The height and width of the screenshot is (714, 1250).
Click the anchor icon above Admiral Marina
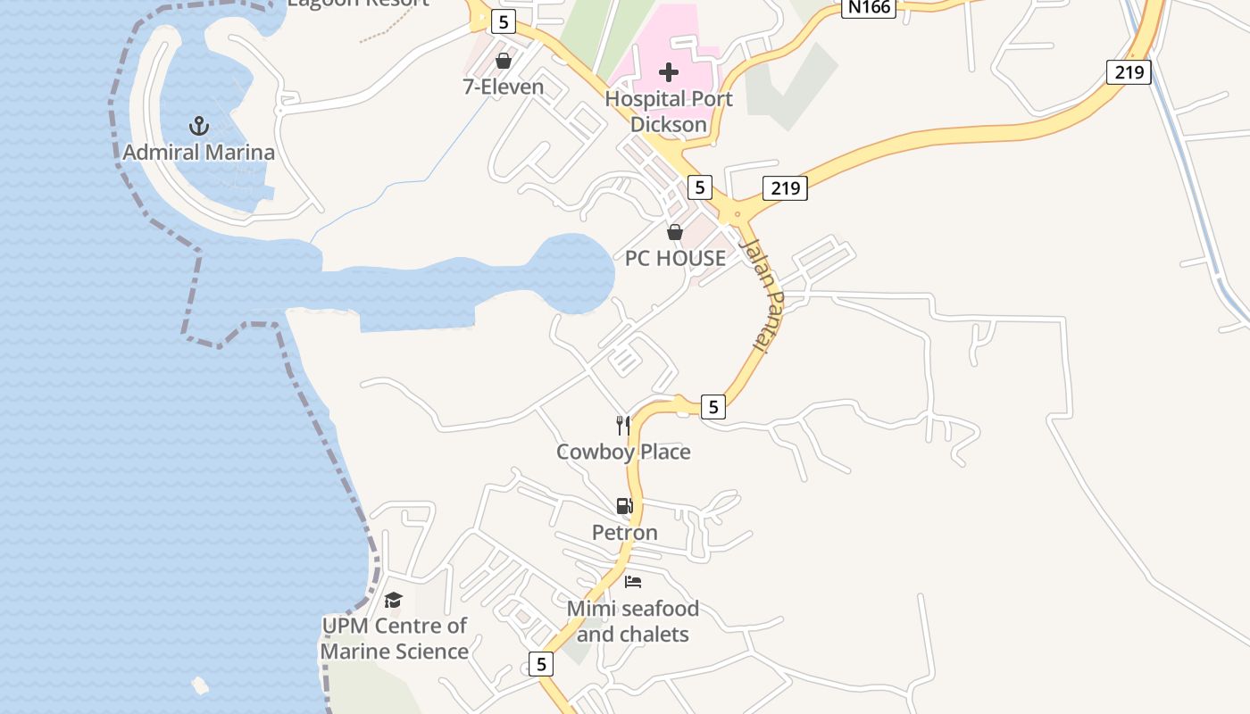click(x=198, y=125)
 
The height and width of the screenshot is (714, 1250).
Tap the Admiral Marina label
click(x=198, y=153)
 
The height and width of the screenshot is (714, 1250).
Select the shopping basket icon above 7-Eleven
click(x=504, y=61)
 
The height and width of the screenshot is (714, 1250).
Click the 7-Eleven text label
click(x=504, y=87)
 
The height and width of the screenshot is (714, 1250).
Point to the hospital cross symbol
click(x=669, y=72)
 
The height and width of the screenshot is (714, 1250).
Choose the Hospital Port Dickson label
click(x=669, y=112)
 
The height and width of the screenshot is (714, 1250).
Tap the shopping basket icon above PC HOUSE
click(x=675, y=232)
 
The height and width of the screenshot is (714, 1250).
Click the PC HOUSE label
click(x=675, y=259)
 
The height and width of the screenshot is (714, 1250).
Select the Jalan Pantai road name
click(x=761, y=295)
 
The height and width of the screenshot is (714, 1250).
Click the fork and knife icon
click(x=623, y=425)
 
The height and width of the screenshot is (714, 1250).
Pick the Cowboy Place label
click(x=623, y=452)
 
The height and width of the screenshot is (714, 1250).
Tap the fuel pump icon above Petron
click(x=624, y=506)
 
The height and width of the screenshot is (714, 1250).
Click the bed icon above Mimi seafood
click(x=633, y=582)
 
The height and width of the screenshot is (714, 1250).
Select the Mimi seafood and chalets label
click(x=633, y=622)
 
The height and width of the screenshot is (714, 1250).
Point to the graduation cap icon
click(x=394, y=600)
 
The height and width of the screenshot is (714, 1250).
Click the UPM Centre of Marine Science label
click(x=394, y=639)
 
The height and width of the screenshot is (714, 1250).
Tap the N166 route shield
click(x=867, y=8)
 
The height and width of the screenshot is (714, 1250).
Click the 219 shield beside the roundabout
click(x=785, y=188)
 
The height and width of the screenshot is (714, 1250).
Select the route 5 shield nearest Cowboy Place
click(x=712, y=407)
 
